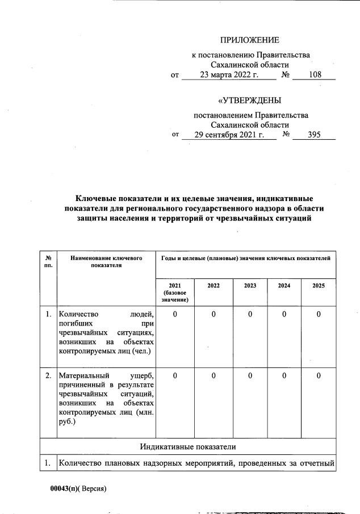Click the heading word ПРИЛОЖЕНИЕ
(250, 40)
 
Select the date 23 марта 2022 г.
(229, 75)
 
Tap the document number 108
(314, 75)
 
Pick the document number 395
(314, 135)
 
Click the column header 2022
(214, 286)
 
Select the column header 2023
(250, 286)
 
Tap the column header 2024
(284, 286)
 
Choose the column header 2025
(319, 286)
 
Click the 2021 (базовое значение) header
(174, 292)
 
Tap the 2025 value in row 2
(319, 376)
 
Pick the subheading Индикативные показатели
(188, 448)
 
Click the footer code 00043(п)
(64, 488)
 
